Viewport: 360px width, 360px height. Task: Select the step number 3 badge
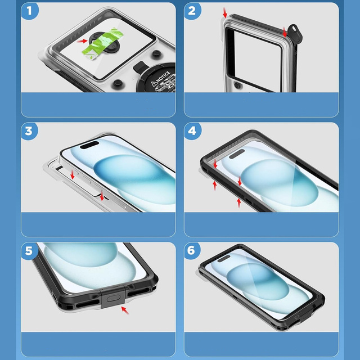click(30, 132)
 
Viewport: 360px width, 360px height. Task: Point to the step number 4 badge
click(192, 132)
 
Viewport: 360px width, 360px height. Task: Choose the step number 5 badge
click(30, 251)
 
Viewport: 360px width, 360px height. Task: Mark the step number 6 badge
click(192, 251)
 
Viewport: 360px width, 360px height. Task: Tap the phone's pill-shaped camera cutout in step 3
click(87, 146)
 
